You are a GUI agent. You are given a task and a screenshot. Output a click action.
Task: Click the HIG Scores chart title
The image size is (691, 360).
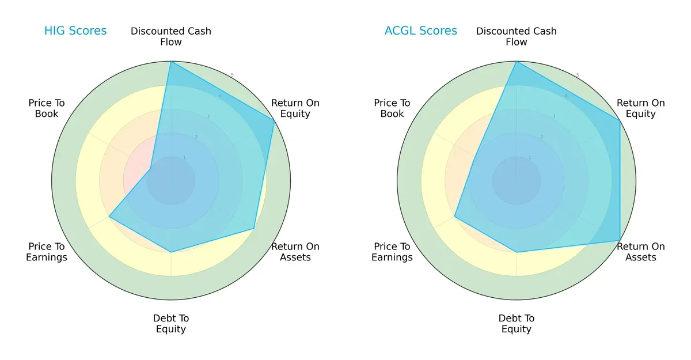pyautogui.click(x=75, y=31)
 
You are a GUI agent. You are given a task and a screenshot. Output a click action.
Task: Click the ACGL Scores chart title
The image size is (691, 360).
pyautogui.click(x=420, y=31)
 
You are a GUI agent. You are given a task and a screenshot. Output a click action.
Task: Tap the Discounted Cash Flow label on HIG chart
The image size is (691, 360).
pyautogui.click(x=171, y=36)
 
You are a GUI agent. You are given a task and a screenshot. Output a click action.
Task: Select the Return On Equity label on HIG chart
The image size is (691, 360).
pyautogui.click(x=295, y=108)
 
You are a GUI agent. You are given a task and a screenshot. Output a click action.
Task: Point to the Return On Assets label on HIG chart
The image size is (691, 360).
pyautogui.click(x=295, y=252)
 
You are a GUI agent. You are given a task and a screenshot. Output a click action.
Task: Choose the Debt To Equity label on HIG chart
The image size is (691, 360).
pyautogui.click(x=171, y=324)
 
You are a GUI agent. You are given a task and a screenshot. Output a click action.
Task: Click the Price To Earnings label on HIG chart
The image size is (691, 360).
pyautogui.click(x=47, y=252)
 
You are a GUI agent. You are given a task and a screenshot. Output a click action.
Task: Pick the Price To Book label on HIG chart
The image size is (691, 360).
pyautogui.click(x=47, y=108)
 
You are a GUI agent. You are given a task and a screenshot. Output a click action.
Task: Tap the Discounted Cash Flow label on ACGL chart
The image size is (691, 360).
pyautogui.click(x=517, y=36)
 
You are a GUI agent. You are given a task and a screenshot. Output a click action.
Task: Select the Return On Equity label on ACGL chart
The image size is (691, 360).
pyautogui.click(x=641, y=108)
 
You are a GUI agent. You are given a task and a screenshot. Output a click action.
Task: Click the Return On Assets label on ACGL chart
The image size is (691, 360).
pyautogui.click(x=641, y=252)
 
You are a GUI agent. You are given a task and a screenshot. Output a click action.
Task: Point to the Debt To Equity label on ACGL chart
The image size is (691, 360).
pyautogui.click(x=517, y=324)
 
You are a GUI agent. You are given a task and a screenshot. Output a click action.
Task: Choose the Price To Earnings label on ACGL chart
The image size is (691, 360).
pyautogui.click(x=392, y=252)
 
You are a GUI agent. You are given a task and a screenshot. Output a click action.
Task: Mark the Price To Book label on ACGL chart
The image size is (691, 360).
pyautogui.click(x=392, y=108)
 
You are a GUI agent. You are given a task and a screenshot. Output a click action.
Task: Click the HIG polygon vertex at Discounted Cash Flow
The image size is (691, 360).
pyautogui.click(x=171, y=62)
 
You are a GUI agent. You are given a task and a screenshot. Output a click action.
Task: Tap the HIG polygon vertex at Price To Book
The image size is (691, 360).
pyautogui.click(x=150, y=169)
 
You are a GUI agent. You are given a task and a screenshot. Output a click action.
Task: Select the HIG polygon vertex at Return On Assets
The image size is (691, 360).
pyautogui.click(x=254, y=229)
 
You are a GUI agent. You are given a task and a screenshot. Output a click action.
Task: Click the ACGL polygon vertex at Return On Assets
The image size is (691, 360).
pyautogui.click(x=620, y=240)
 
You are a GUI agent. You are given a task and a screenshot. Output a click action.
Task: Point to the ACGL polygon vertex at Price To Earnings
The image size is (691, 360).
pyautogui.click(x=455, y=217)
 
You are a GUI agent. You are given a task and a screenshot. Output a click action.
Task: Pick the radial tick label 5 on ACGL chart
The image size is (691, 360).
pyautogui.click(x=578, y=75)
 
